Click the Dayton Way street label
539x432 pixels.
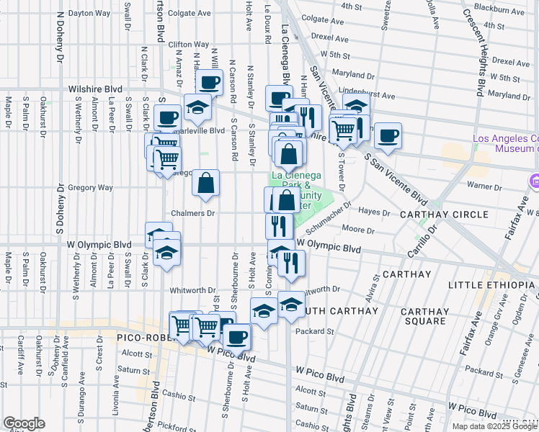pos(90,13)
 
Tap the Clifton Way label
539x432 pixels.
pos(188,45)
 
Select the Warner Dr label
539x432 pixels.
pos(484,186)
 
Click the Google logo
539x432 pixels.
pos(24,423)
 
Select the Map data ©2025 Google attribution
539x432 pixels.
pos(494,426)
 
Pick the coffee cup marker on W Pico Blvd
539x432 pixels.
pos(236,335)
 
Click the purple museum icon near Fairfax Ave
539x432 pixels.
pos(534,180)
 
